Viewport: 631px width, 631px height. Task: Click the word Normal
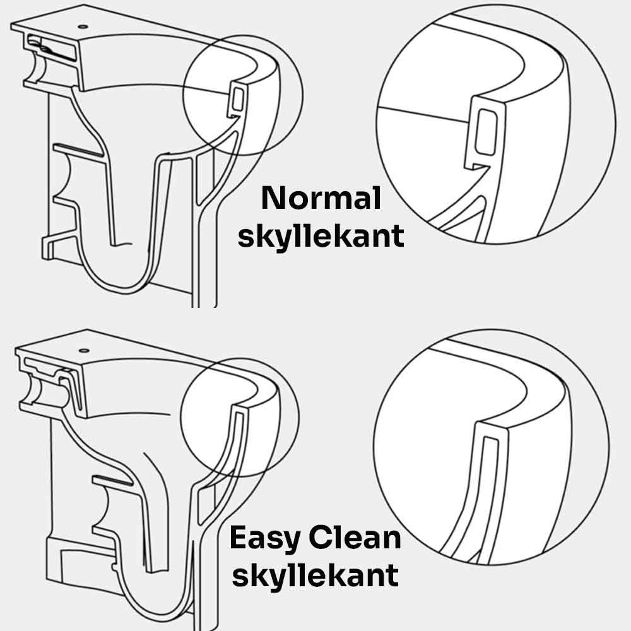[321, 198]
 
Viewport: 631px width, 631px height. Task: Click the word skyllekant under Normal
[321, 236]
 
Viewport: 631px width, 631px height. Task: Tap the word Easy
[265, 538]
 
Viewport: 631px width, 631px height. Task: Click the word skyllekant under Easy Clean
[315, 576]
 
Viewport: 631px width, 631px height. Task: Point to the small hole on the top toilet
[83, 27]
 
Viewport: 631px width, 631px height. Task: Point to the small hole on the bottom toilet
[84, 350]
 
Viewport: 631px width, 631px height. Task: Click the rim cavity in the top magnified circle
[486, 132]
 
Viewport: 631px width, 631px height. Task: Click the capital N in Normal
[274, 198]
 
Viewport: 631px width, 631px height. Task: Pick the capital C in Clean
[321, 538]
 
